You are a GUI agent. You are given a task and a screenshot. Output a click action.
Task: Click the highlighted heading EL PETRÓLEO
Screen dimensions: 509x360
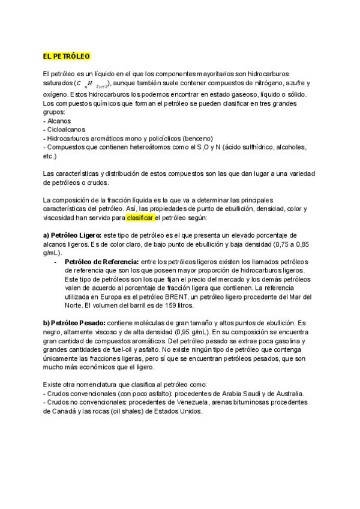pyautogui.click(x=67, y=56)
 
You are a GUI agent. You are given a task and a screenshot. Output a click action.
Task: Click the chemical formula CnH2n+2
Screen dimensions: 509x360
pyautogui.click(x=94, y=84)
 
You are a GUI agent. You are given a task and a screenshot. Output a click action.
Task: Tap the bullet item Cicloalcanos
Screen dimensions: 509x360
pyautogui.click(x=65, y=129)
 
